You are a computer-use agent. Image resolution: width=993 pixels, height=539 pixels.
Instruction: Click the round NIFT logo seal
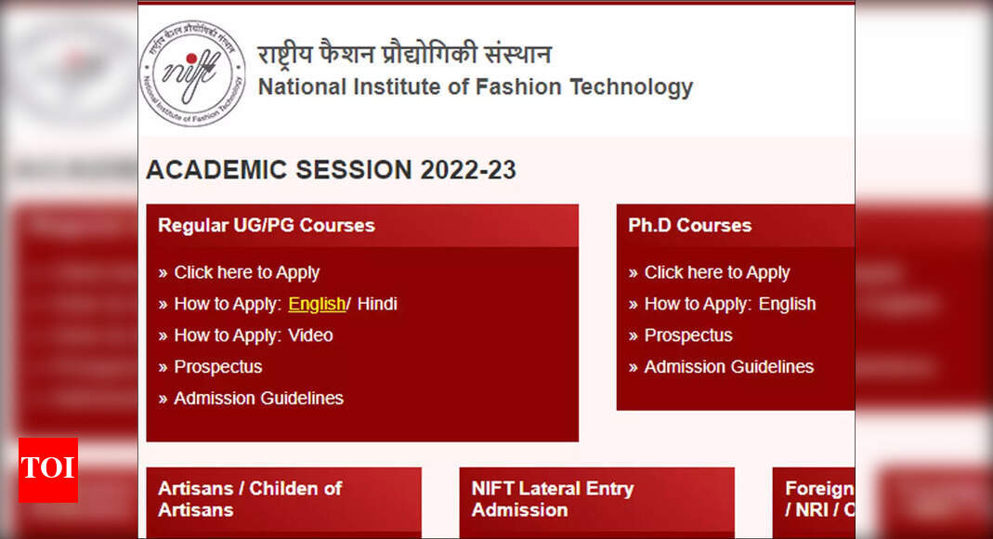point(192,73)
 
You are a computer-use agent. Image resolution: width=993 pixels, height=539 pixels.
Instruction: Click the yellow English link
point(317,304)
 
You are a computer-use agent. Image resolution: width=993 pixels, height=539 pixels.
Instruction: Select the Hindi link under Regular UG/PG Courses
point(377,304)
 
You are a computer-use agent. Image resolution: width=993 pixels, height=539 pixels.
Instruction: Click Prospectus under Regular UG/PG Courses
point(218,367)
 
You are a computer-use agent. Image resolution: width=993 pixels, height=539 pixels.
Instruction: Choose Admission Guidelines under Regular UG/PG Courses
point(258,399)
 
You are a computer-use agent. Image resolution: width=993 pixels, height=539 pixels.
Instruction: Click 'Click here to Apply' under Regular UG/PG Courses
point(246,272)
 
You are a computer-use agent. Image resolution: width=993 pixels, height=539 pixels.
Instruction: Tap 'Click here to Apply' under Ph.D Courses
point(716,272)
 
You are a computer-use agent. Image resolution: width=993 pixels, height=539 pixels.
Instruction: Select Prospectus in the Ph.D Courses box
point(688,335)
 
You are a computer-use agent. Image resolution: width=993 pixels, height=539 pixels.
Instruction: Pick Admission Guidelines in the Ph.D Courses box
point(728,367)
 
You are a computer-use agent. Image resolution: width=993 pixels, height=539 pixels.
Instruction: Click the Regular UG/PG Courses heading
point(267,225)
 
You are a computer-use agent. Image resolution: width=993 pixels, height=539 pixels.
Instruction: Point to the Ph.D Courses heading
point(689,225)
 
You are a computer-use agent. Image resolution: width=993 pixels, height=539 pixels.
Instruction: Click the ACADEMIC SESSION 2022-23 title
point(331,170)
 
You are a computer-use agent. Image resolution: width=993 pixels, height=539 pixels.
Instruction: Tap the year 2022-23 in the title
point(468,170)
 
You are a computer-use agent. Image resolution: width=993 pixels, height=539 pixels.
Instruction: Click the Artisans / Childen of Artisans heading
point(250,499)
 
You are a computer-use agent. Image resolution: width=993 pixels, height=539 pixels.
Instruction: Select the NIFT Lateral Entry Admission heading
point(552,499)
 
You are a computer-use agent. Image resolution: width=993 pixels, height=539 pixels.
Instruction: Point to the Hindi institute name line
point(404,54)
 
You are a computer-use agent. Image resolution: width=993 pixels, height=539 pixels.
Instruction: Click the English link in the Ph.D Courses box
point(787,304)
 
